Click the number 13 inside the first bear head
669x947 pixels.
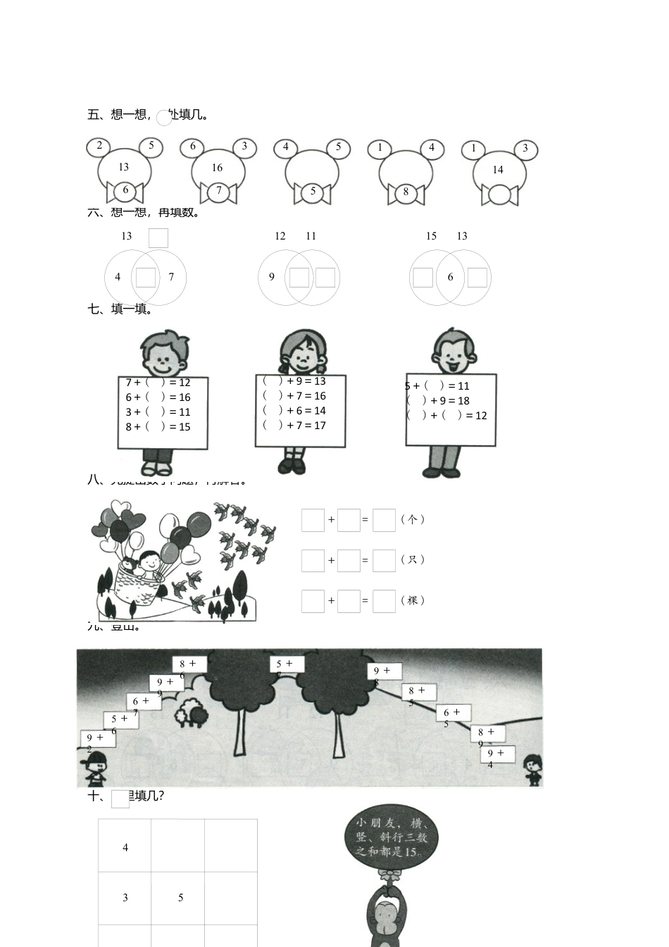coord(124,167)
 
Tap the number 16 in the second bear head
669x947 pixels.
coord(217,168)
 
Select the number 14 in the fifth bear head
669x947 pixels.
coord(498,169)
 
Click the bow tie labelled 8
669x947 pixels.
coord(406,192)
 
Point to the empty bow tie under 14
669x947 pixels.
coord(499,194)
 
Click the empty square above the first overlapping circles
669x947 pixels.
coord(158,238)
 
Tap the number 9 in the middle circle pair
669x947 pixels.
coord(272,277)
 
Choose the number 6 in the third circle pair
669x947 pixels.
coord(451,277)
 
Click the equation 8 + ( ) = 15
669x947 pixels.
coord(158,426)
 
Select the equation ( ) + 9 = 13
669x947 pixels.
coord(294,381)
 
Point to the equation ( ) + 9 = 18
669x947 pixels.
coord(438,400)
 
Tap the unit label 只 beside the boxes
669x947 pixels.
coord(413,559)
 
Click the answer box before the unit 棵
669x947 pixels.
coord(384,601)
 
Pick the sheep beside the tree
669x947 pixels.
coord(192,713)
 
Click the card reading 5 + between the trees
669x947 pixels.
coord(286,664)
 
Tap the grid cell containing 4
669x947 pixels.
coord(125,847)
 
